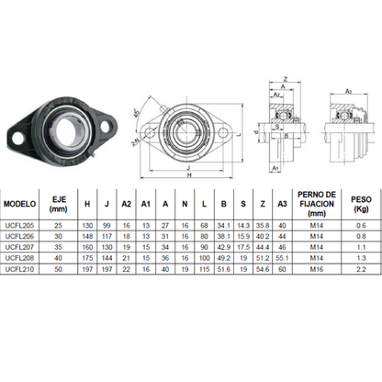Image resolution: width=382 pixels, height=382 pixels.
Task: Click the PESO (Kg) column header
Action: (x=361, y=204)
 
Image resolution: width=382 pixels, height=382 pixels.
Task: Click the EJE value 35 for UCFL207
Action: (x=59, y=248)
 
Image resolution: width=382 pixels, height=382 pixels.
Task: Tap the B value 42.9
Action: (x=224, y=248)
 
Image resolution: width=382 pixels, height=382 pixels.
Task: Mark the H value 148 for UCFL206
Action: (x=87, y=237)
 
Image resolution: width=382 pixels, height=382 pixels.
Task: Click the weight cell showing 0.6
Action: (x=361, y=225)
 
